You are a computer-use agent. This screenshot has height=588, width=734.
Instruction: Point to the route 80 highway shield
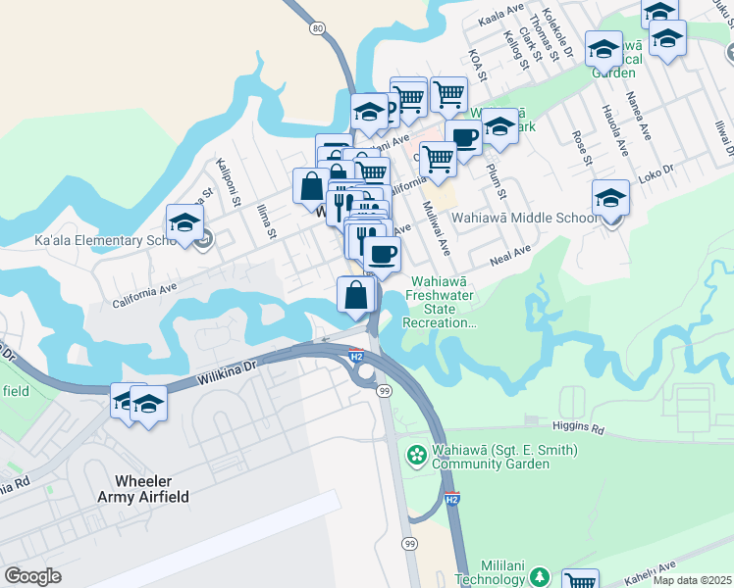tap(316, 28)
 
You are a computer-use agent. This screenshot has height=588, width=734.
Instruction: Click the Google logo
tap(32, 576)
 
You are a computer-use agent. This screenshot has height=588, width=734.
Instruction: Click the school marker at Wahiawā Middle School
tap(610, 199)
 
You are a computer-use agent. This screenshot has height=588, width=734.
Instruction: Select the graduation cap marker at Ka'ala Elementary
tap(184, 222)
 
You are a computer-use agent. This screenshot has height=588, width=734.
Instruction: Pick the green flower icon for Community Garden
tap(416, 456)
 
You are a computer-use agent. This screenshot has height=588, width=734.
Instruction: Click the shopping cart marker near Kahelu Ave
tap(580, 582)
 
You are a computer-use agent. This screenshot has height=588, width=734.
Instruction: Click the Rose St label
tap(580, 147)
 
